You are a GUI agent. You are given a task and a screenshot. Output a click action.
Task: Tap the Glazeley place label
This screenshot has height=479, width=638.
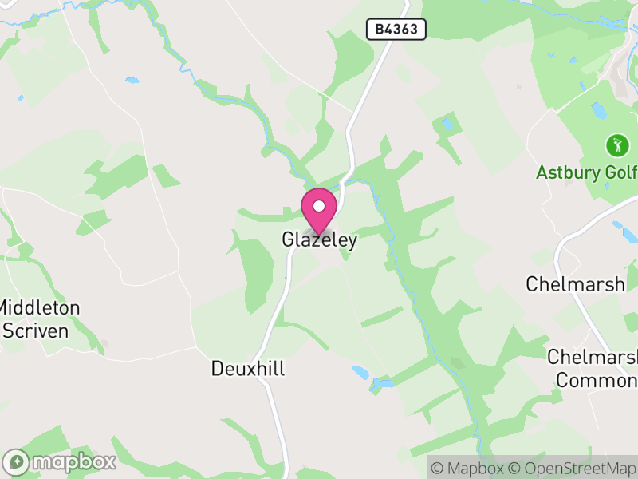(x=319, y=239)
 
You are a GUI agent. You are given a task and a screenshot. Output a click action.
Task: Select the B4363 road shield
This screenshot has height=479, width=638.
(x=396, y=30)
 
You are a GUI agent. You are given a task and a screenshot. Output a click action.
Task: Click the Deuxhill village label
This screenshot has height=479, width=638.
(x=248, y=368)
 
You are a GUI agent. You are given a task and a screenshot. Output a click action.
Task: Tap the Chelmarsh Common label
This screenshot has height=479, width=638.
(x=592, y=368)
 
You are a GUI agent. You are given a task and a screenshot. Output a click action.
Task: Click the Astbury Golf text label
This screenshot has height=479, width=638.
(x=586, y=172)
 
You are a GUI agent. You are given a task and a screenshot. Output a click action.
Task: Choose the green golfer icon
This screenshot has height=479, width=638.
(x=616, y=145)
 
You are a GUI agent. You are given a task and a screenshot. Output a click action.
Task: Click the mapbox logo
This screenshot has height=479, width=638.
(x=61, y=461)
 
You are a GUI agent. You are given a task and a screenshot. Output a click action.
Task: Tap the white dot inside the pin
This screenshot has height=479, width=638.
(x=319, y=206)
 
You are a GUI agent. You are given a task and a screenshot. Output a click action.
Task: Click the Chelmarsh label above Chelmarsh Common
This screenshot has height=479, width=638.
(x=575, y=283)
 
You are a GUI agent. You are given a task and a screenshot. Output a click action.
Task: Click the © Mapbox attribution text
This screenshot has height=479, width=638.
(x=469, y=467)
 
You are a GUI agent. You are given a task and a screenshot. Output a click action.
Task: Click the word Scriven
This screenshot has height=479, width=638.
(x=35, y=329)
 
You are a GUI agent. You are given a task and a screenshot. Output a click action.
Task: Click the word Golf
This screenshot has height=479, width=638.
(x=620, y=172)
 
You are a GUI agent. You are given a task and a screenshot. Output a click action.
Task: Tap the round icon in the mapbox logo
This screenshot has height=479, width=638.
(x=18, y=461)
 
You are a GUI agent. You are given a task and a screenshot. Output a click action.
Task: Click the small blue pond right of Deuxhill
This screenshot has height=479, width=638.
(x=360, y=372)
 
